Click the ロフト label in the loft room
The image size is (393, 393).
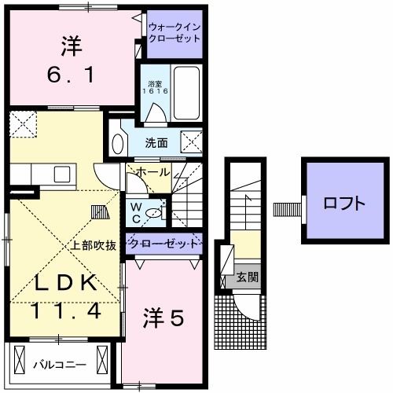343,203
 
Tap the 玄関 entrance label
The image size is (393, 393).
246,278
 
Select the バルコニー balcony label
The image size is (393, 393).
54,364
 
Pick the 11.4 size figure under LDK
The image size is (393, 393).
66,310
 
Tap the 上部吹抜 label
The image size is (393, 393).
95,245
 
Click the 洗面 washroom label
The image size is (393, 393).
156,143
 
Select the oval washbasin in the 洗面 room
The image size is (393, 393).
119,144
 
